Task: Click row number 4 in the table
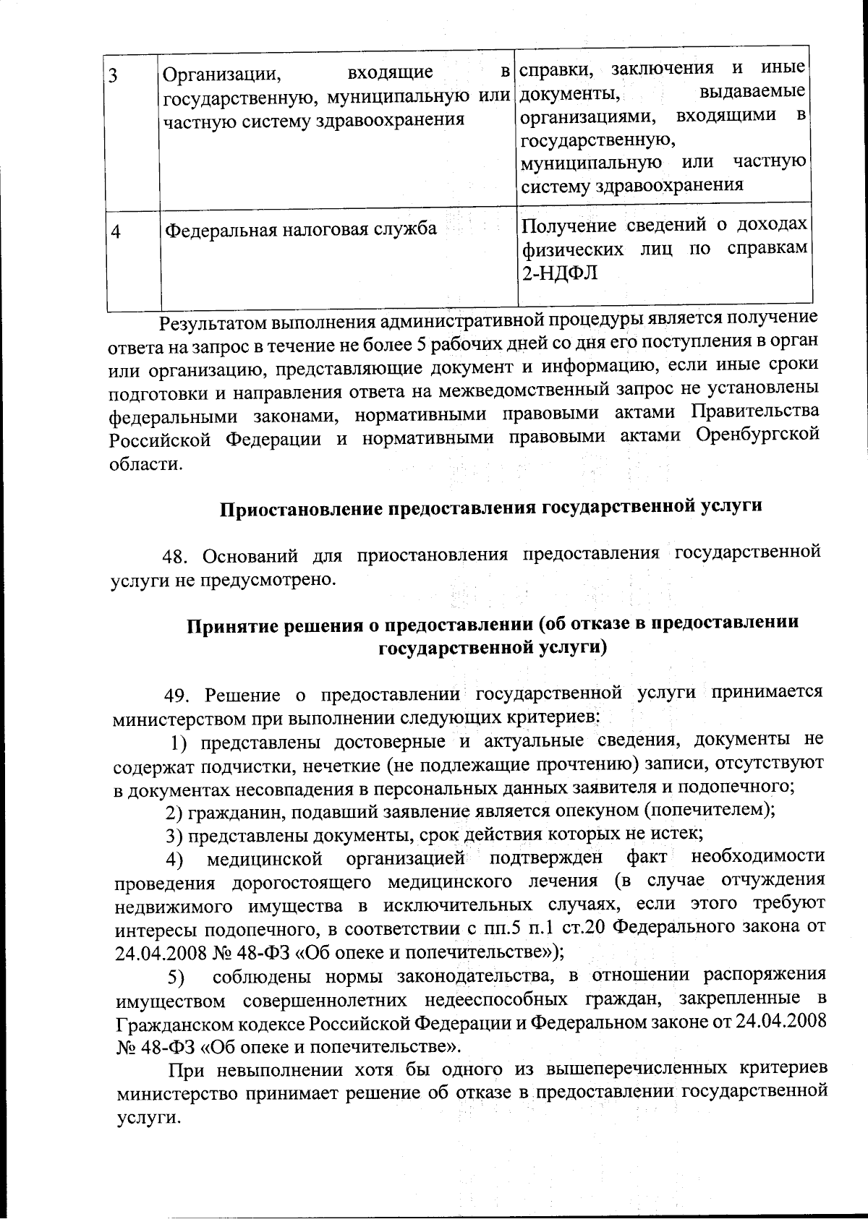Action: pyautogui.click(x=116, y=231)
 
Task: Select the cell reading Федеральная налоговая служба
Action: pyautogui.click(x=301, y=229)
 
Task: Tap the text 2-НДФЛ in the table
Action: pyautogui.click(x=560, y=274)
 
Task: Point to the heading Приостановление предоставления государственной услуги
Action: pyautogui.click(x=491, y=507)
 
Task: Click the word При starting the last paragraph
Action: pyautogui.click(x=185, y=1069)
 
